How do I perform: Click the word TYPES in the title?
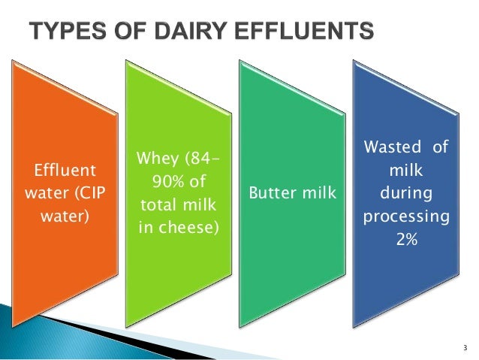(x=64, y=32)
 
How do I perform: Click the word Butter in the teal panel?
(x=273, y=195)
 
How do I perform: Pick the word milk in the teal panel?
(x=318, y=195)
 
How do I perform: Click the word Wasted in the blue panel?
(x=387, y=148)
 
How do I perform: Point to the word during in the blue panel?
(x=406, y=193)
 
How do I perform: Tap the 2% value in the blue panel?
(x=406, y=243)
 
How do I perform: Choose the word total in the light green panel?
(x=158, y=204)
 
